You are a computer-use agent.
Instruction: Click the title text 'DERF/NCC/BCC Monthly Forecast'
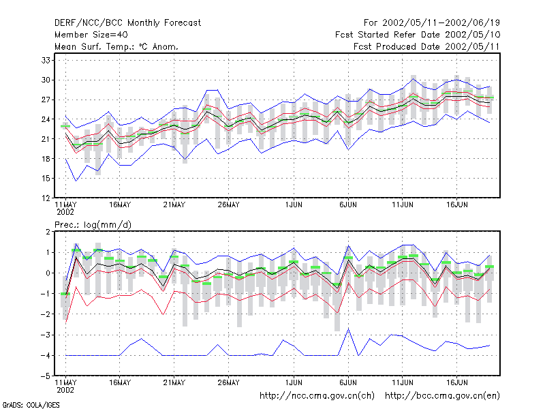[127, 23]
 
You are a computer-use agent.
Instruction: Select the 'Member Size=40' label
[91, 35]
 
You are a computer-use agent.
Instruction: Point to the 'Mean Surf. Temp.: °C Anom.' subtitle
[116, 46]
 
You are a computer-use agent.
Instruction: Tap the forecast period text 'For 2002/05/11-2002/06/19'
[432, 23]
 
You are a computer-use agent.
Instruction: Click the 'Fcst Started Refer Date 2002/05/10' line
[418, 35]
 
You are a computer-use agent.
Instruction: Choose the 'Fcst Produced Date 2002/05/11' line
[426, 46]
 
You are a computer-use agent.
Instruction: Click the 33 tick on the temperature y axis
[46, 61]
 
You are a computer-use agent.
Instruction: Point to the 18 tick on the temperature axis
[46, 159]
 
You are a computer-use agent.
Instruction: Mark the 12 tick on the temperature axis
[46, 198]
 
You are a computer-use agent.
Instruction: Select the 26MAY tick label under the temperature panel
[228, 205]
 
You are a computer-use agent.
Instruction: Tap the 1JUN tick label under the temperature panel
[294, 205]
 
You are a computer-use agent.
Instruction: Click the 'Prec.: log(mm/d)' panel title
[93, 225]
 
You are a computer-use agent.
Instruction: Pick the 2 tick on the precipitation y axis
[48, 232]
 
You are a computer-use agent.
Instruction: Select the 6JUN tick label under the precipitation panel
[348, 382]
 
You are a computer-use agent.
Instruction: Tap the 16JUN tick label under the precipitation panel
[456, 382]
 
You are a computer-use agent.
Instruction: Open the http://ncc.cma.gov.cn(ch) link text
[317, 396]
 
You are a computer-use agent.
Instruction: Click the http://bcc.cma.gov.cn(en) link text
[442, 396]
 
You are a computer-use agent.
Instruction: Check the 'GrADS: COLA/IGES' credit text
[31, 405]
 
